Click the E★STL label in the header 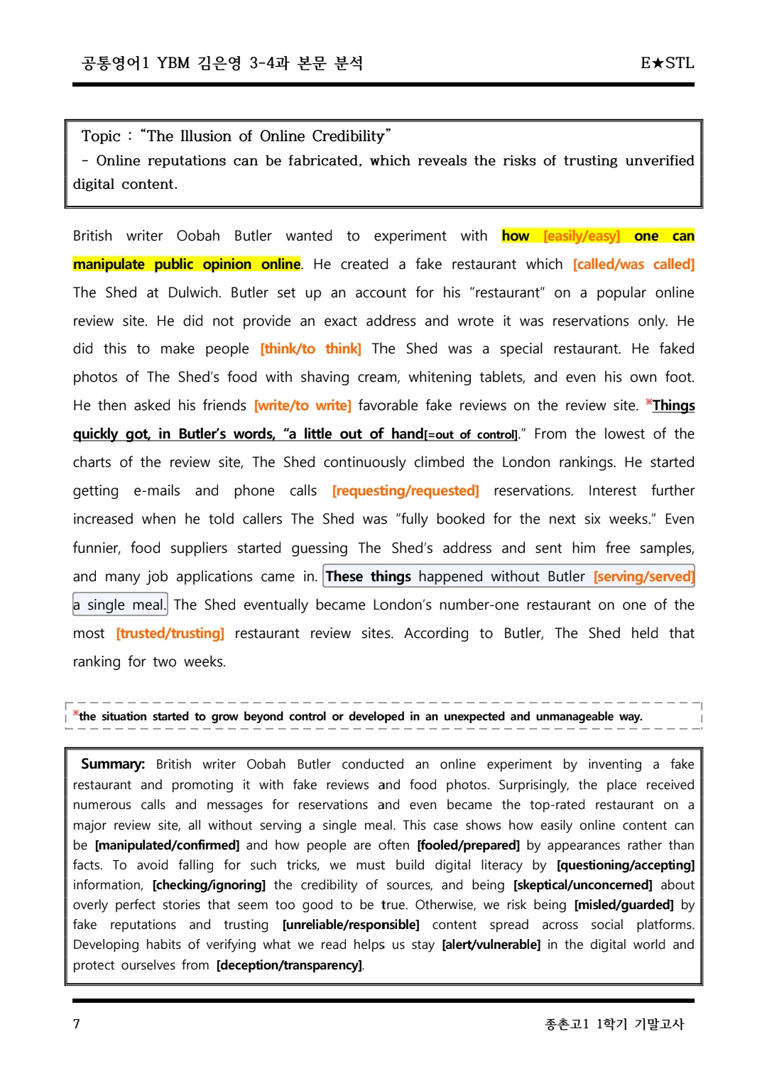click(x=667, y=63)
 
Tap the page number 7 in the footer click(x=77, y=1023)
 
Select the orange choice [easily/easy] click(x=582, y=236)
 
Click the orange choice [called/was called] click(x=633, y=265)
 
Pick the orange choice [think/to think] click(x=310, y=349)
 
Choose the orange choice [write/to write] click(x=303, y=406)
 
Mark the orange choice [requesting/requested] click(x=406, y=491)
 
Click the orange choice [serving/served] click(x=643, y=577)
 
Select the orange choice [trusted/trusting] click(x=170, y=634)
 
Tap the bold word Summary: click(x=113, y=764)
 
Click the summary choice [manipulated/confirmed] click(x=167, y=845)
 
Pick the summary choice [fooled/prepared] click(x=468, y=845)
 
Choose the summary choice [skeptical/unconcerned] click(x=582, y=885)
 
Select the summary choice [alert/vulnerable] click(x=491, y=945)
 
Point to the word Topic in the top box click(x=101, y=136)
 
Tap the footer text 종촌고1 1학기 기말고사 click(x=614, y=1023)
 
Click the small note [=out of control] click(x=471, y=435)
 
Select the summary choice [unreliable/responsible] click(x=351, y=925)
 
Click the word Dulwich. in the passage click(x=194, y=293)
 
